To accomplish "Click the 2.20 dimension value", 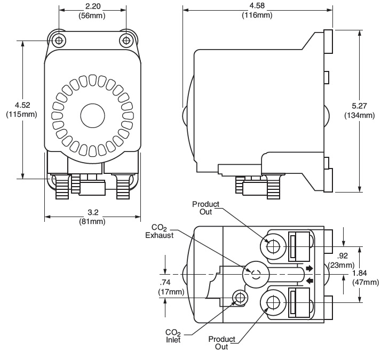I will click(x=92, y=6).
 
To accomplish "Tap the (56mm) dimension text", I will click(x=92, y=15).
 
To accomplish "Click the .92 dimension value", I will click(x=345, y=257).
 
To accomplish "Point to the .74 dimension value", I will click(x=167, y=283).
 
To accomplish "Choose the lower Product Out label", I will click(x=221, y=342).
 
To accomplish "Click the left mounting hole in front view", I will click(x=58, y=39).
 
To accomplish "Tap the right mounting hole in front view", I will click(x=126, y=39).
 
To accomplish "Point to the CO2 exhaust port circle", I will click(x=255, y=274).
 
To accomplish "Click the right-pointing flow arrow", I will click(x=308, y=268).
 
